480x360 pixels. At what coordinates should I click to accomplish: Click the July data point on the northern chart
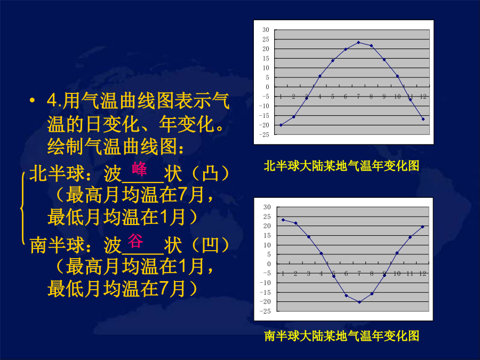[358, 43]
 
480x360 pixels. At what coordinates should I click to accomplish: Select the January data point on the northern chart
[281, 125]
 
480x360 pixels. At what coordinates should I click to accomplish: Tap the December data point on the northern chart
[423, 119]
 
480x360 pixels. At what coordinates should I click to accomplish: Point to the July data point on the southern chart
[359, 302]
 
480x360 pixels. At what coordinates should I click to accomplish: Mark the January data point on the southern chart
[283, 220]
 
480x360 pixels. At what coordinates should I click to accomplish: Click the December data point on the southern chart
[423, 227]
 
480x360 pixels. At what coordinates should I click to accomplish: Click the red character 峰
[140, 169]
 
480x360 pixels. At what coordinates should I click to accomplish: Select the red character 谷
[135, 241]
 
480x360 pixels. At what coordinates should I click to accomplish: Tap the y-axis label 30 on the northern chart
[266, 30]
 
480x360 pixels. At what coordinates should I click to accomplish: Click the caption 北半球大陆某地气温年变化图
[341, 166]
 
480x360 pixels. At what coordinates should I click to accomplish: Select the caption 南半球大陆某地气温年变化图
[342, 336]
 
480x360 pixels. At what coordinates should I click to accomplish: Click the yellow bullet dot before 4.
[32, 100]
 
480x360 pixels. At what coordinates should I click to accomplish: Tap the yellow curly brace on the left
[22, 208]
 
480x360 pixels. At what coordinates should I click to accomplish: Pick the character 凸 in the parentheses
[210, 174]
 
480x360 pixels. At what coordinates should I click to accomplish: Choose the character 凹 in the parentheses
[210, 245]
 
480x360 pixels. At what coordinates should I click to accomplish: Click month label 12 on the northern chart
[423, 97]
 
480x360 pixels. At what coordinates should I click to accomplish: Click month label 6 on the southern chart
[346, 274]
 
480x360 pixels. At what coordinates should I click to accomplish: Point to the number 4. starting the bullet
[54, 100]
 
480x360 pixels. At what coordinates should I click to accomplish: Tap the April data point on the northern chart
[320, 76]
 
